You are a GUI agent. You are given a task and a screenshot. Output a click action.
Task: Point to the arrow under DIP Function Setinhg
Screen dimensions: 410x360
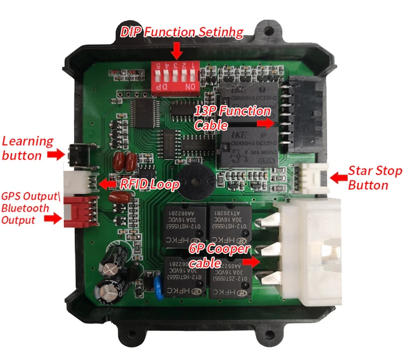(x=176, y=50)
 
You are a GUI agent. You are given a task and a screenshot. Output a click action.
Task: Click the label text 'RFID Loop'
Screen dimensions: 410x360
(x=150, y=185)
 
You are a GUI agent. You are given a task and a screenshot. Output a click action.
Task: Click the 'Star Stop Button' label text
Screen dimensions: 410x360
(x=375, y=178)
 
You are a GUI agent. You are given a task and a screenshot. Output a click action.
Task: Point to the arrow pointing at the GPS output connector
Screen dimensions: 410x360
(x=54, y=219)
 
